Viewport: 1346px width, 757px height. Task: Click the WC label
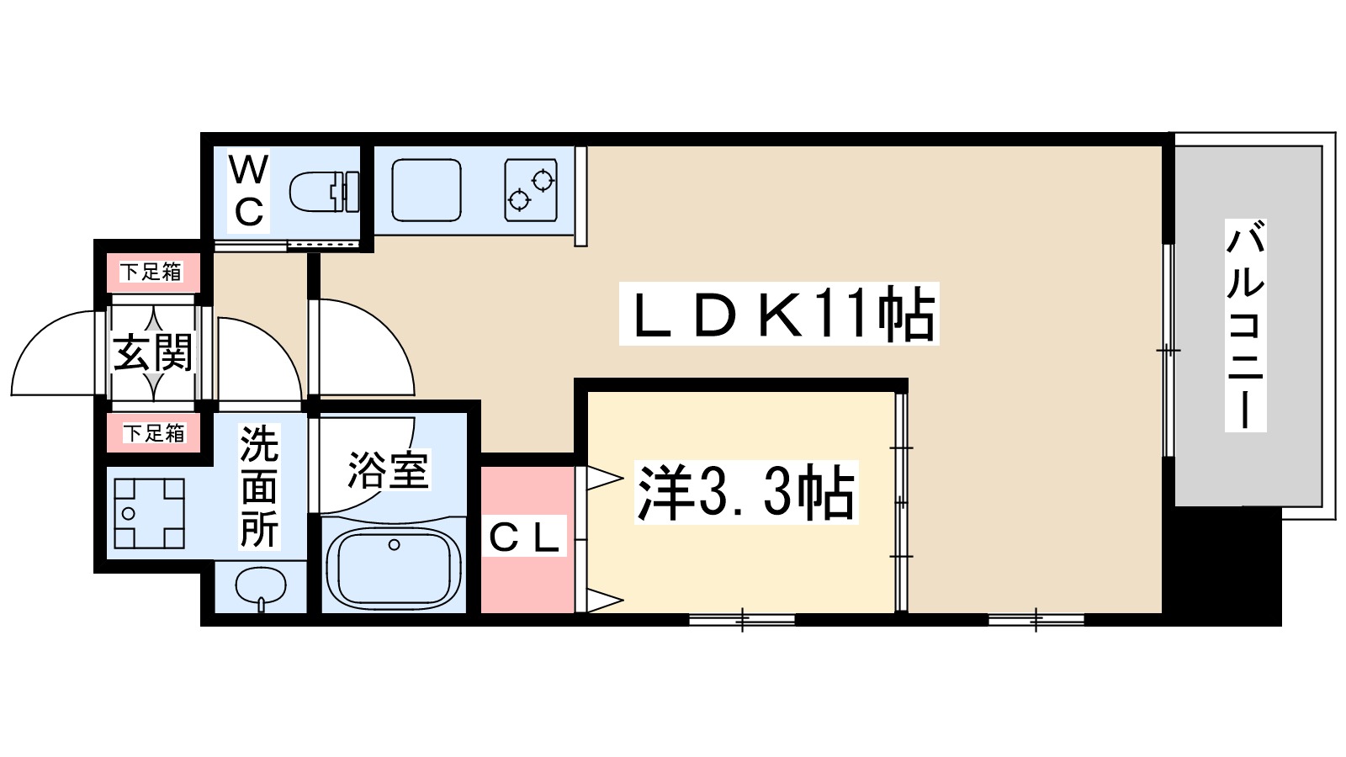tap(249, 191)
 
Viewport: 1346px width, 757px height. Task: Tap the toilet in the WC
tap(323, 193)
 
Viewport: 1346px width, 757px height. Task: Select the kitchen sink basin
tap(427, 190)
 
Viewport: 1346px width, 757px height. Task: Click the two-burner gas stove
tap(531, 190)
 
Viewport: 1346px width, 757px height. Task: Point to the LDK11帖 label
tap(779, 315)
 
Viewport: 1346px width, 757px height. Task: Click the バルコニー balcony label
tap(1245, 326)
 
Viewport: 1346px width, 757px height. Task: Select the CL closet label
tap(525, 538)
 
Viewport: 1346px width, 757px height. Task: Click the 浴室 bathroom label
tap(388, 470)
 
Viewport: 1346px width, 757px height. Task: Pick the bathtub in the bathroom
tap(393, 564)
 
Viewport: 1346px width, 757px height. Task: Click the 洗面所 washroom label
tap(258, 487)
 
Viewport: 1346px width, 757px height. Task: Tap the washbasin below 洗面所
tap(261, 586)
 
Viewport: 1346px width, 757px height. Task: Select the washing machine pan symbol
tap(149, 513)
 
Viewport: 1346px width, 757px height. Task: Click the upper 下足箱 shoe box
tap(151, 272)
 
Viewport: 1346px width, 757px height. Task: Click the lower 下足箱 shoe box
tap(154, 433)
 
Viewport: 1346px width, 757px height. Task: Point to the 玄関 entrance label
tap(153, 352)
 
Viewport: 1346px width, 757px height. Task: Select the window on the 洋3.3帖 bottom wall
tap(742, 621)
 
